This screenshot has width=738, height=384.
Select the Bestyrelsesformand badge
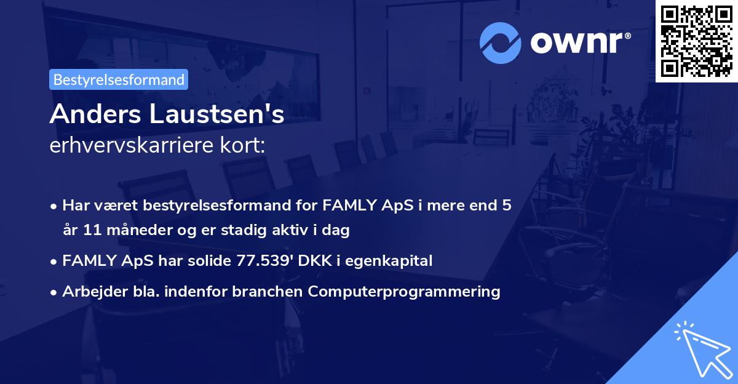(119, 79)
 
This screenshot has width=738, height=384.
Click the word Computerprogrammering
(405, 292)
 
